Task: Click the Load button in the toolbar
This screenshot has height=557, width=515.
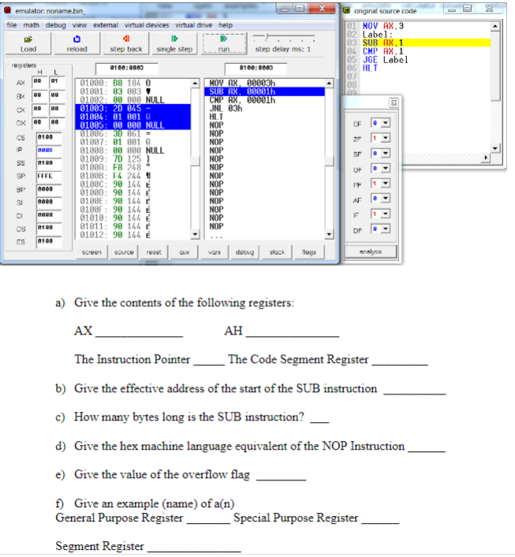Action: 29,44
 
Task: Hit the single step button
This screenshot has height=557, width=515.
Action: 174,44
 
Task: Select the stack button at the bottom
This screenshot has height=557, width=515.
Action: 277,252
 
